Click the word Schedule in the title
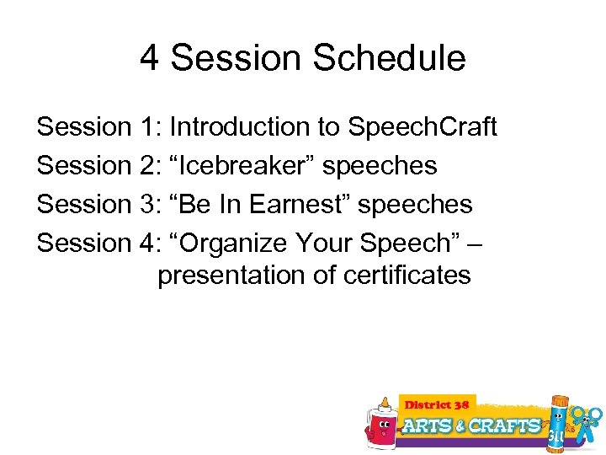pyautogui.click(x=389, y=58)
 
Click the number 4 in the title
pyautogui.click(x=150, y=58)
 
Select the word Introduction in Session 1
pyautogui.click(x=231, y=127)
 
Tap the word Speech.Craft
pyautogui.click(x=423, y=127)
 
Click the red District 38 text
pyautogui.click(x=438, y=404)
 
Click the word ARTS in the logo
pyautogui.click(x=428, y=426)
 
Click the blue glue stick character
pyautogui.click(x=558, y=421)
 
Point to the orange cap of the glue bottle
pyautogui.click(x=384, y=402)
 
